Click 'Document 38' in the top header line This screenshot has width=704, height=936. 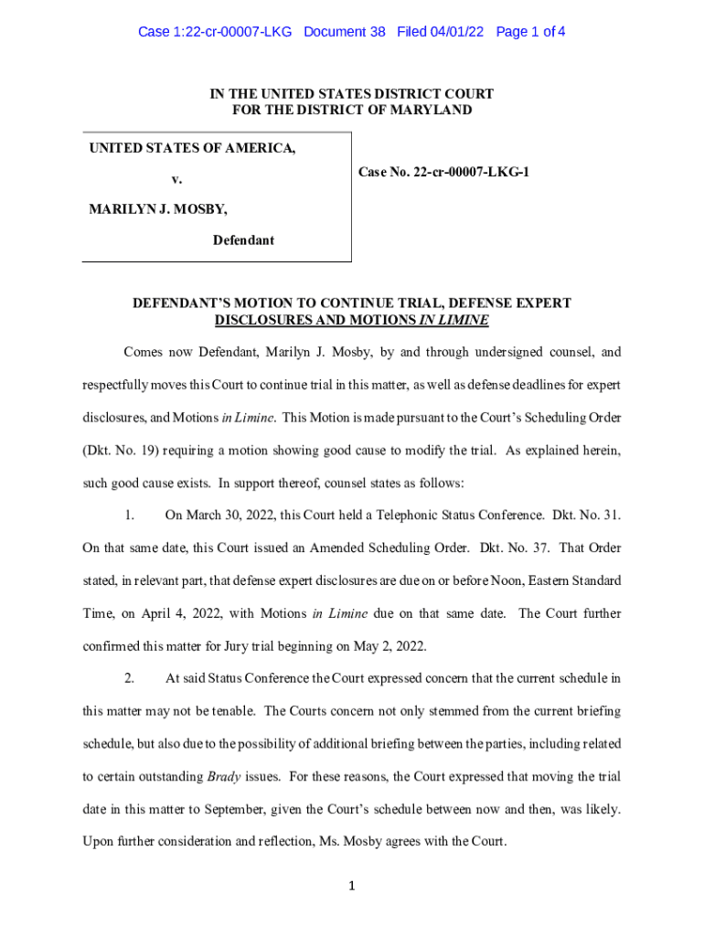point(344,32)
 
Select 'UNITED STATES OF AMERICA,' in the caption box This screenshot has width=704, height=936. point(192,148)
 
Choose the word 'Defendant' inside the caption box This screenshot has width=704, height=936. point(243,240)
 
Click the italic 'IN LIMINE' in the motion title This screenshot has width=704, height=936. point(453,321)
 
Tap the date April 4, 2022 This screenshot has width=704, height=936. point(146,614)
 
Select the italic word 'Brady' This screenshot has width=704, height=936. point(224,777)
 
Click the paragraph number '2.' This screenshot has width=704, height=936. point(130,679)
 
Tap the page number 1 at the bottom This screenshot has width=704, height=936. point(352,886)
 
